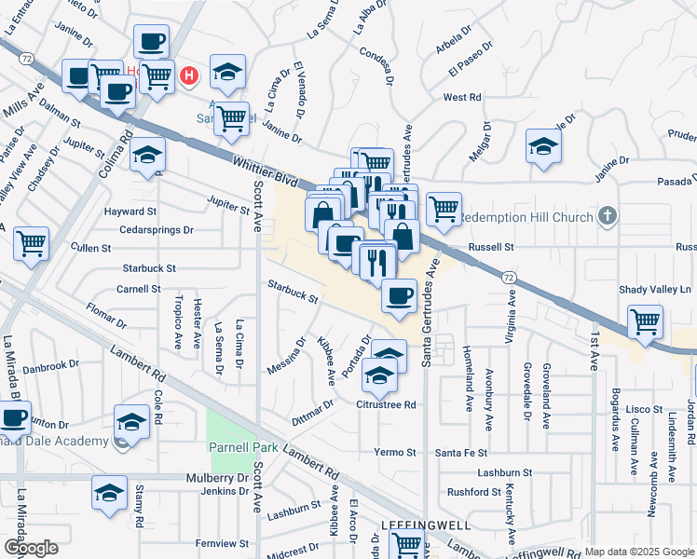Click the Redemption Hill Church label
click(527, 217)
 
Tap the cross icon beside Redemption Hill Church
click(608, 217)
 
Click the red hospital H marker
click(189, 75)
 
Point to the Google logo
click(31, 547)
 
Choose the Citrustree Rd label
click(386, 404)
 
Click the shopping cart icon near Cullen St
click(32, 244)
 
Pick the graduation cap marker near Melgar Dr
click(543, 146)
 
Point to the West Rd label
click(461, 97)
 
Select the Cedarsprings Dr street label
click(162, 229)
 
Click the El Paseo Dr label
click(468, 67)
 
